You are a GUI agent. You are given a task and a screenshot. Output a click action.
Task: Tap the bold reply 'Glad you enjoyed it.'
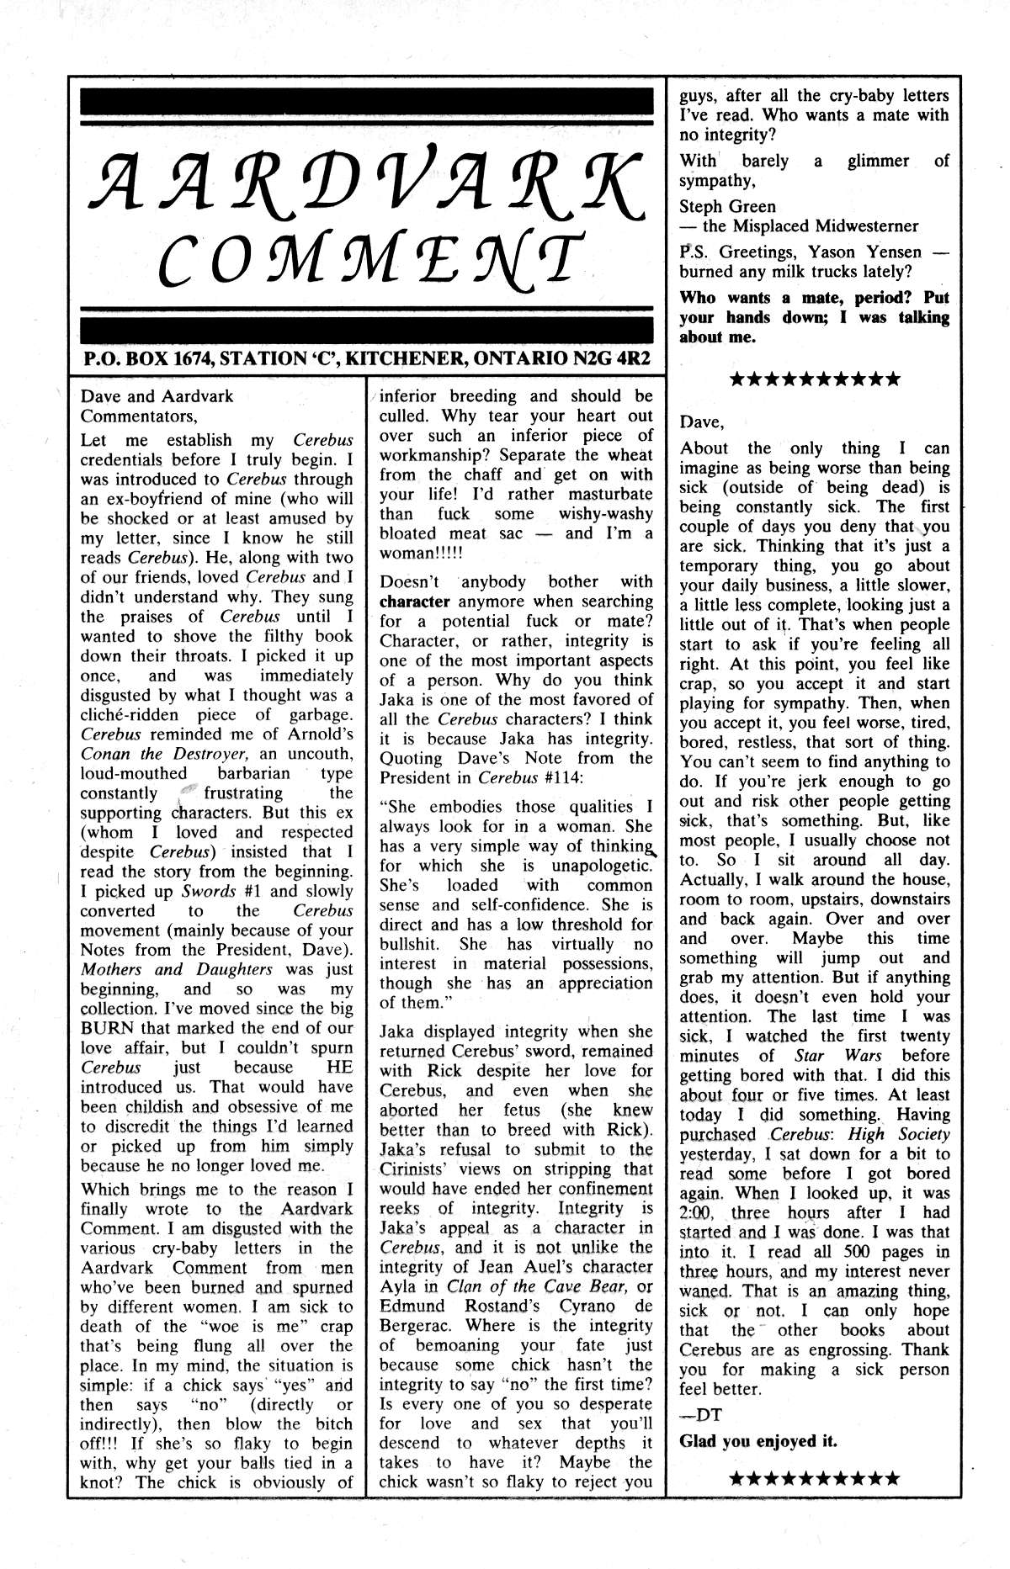758,1440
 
